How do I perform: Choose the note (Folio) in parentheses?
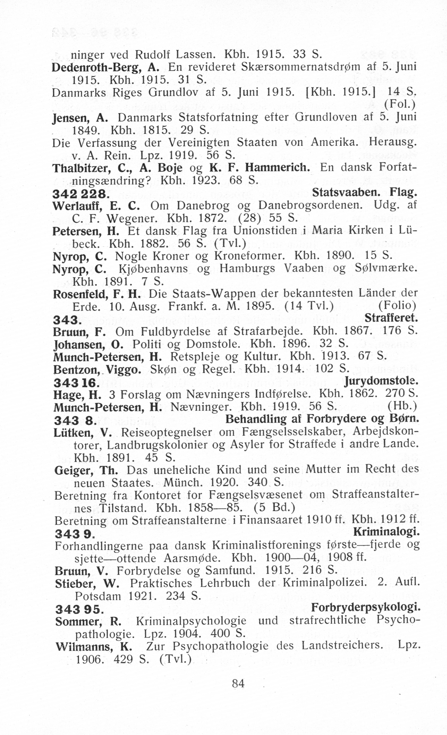397,306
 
